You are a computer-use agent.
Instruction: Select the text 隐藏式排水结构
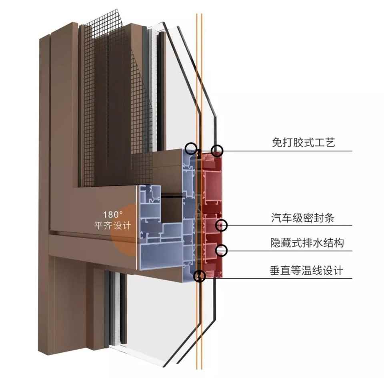click(x=307, y=243)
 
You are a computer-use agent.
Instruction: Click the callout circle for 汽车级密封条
click(x=222, y=225)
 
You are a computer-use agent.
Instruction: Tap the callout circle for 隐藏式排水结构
click(x=221, y=251)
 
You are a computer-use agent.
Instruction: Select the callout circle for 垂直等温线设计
click(x=199, y=276)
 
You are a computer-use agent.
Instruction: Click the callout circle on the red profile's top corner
click(x=217, y=151)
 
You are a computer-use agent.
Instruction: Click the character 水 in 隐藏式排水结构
click(x=318, y=243)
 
